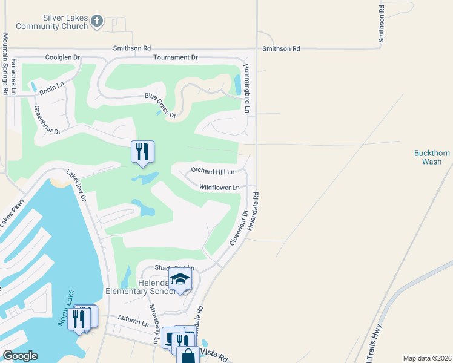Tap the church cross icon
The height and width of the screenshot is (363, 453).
(x=96, y=22)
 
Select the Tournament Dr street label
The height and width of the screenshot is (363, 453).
(x=176, y=57)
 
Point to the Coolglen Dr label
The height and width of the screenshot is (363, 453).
(x=63, y=57)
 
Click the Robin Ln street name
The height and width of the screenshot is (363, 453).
(x=51, y=91)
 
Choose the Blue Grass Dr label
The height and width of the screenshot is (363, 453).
(x=160, y=105)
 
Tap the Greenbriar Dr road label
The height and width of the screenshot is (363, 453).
(x=47, y=120)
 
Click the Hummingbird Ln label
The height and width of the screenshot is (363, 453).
(x=246, y=88)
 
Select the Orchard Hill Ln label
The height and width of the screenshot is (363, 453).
(x=213, y=171)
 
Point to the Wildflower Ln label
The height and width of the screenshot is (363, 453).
(x=219, y=188)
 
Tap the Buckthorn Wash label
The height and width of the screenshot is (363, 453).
(x=432, y=157)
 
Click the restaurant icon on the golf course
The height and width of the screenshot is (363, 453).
(x=142, y=152)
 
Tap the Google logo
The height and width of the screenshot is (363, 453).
(x=20, y=356)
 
